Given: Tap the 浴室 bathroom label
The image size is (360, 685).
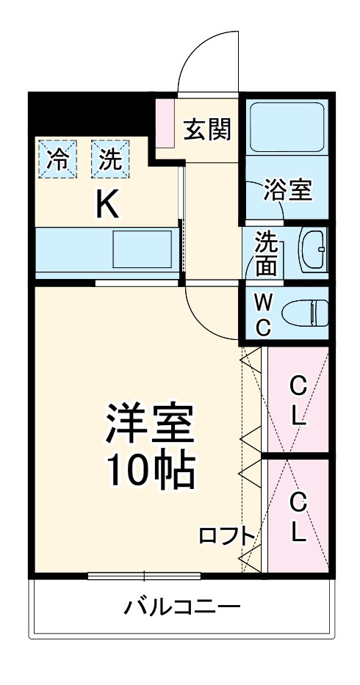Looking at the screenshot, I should (x=289, y=189).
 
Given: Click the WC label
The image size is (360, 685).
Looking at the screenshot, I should (x=264, y=314).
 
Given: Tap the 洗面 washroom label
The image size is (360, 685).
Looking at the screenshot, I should (x=265, y=254).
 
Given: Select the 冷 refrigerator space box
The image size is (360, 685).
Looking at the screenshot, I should (x=57, y=159).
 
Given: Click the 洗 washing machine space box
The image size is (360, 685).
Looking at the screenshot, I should (x=109, y=159).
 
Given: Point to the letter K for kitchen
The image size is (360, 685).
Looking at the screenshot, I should (x=108, y=205).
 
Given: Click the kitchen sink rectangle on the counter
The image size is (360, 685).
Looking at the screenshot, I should (x=142, y=250).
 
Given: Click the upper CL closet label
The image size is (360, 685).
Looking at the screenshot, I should (x=298, y=401).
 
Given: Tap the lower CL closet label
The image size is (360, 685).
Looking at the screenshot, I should (x=298, y=516).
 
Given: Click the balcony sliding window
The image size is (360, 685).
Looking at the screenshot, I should (x=144, y=576).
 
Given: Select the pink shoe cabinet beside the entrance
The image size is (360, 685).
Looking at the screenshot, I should (x=165, y=121).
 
